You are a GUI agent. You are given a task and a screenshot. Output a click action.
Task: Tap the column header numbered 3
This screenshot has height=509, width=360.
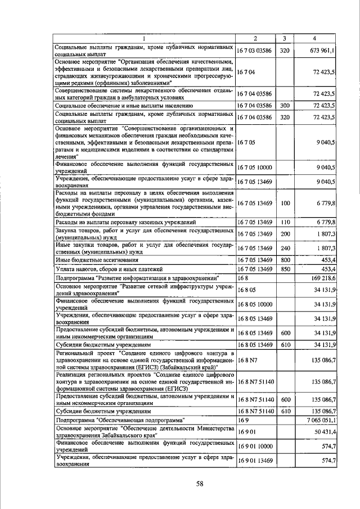285,38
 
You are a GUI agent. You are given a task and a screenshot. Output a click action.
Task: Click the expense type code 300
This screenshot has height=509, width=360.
285,105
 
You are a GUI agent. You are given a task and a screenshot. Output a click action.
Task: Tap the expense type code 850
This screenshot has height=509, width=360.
285,269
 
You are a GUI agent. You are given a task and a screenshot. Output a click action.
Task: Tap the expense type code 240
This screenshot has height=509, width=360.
285,248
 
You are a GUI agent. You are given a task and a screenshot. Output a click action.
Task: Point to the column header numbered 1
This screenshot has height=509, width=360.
144,38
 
